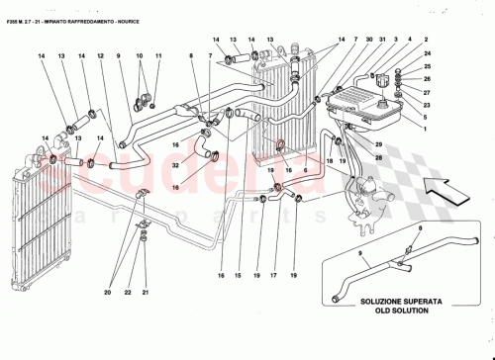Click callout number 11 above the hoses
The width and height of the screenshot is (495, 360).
pyautogui.click(x=156, y=56)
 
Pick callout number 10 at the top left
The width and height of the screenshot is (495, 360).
pyautogui.click(x=139, y=56)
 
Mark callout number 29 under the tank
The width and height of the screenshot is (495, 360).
pyautogui.click(x=376, y=143)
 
